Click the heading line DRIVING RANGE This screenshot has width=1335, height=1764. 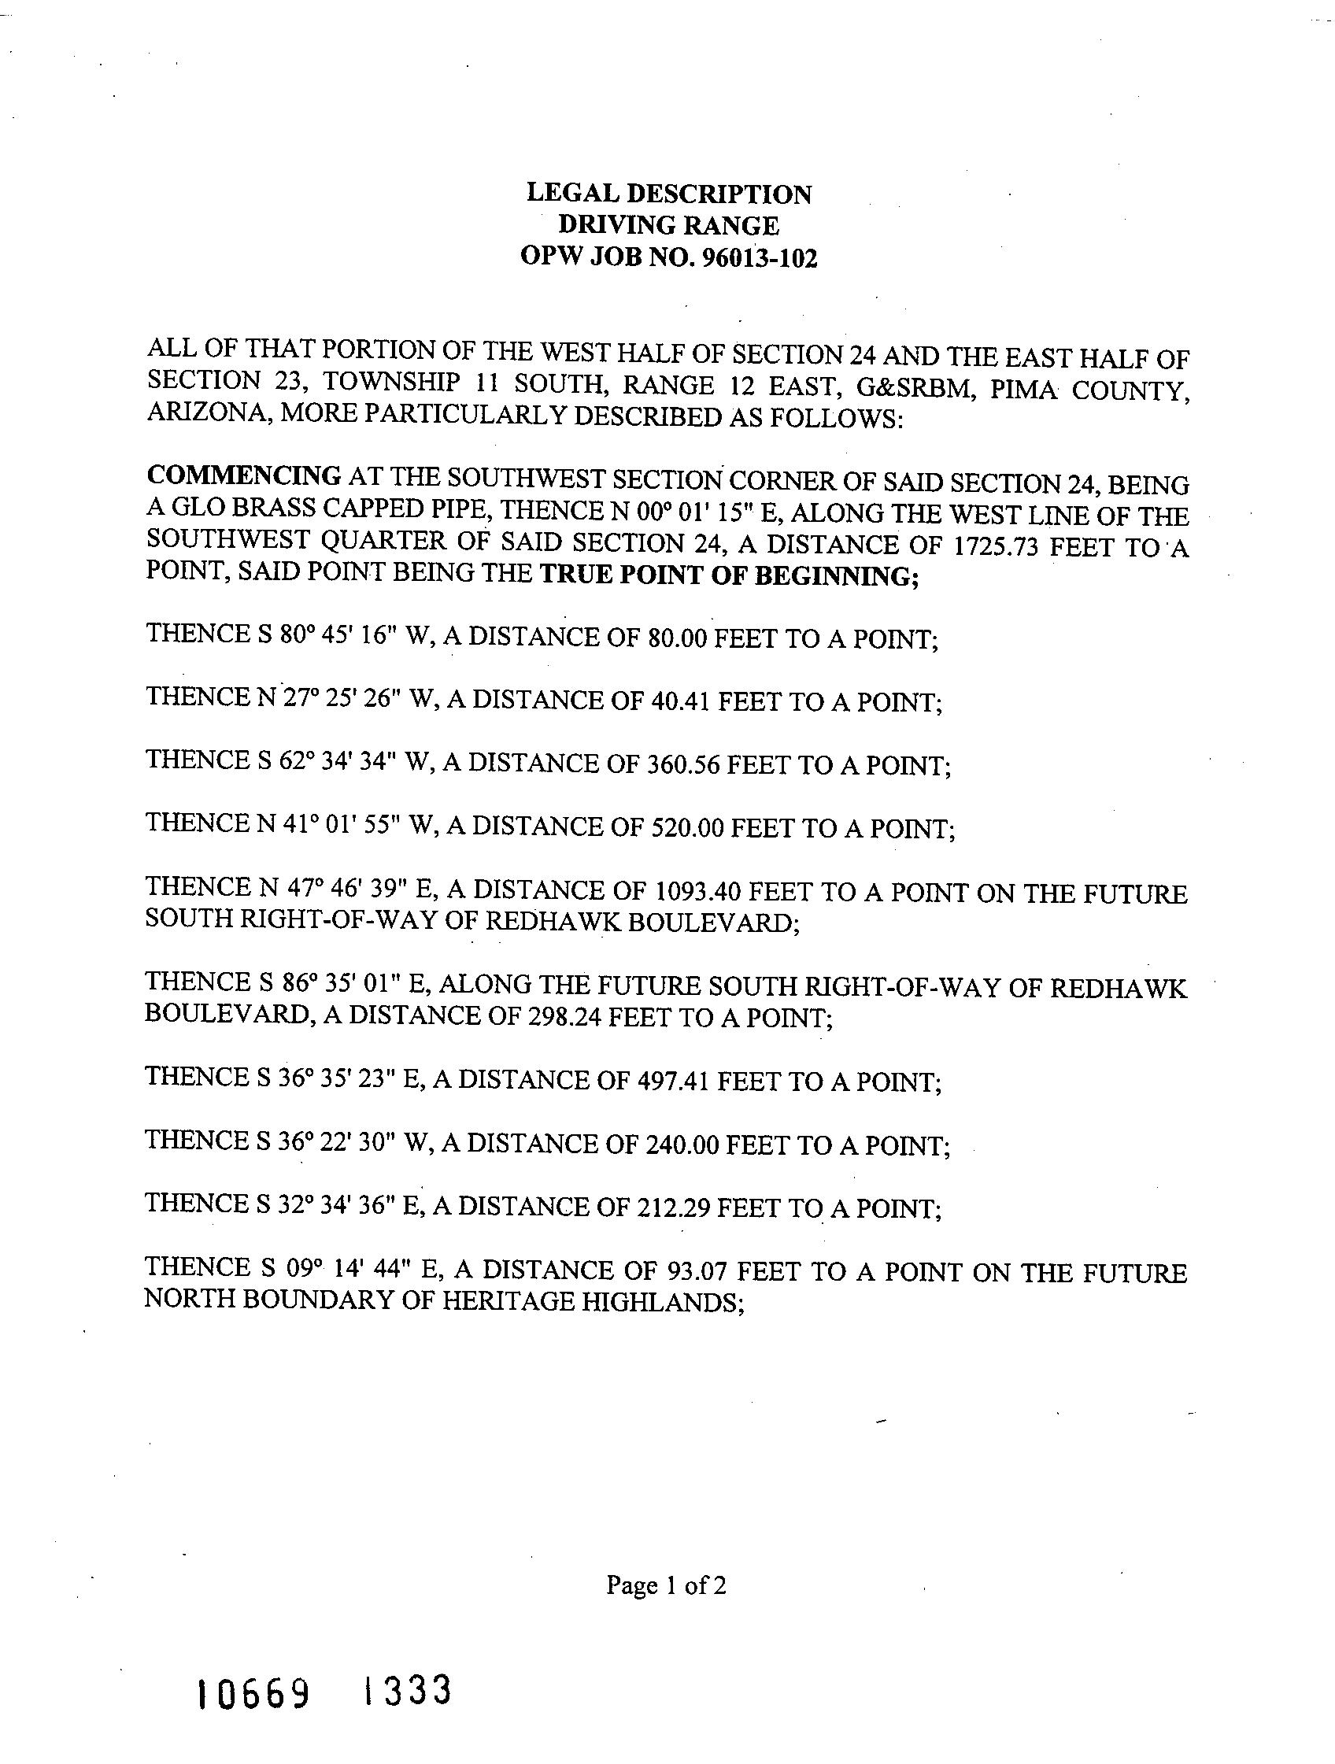(668, 226)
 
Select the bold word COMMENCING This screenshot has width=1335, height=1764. (244, 476)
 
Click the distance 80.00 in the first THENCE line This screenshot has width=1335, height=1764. (677, 639)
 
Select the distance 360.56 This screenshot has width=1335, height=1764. (682, 765)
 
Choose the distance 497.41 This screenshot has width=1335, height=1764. (675, 1082)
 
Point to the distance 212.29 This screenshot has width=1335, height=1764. (675, 1209)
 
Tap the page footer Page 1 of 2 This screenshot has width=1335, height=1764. (666, 1585)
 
